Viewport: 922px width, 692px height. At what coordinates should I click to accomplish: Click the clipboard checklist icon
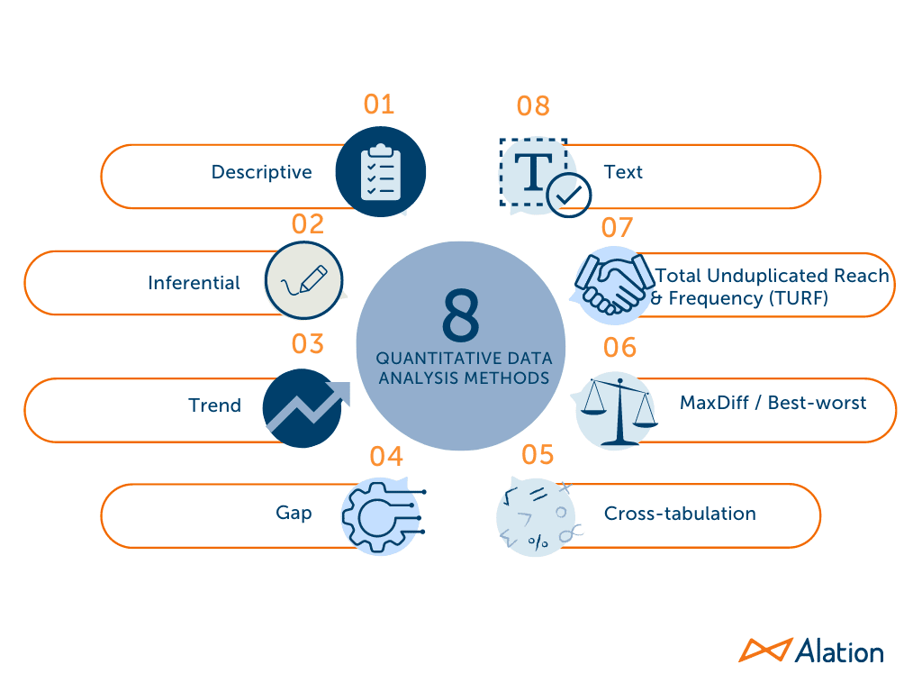(x=380, y=172)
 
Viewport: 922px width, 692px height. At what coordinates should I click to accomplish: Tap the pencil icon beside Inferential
(x=305, y=280)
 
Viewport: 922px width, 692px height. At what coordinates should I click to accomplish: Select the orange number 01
(x=379, y=105)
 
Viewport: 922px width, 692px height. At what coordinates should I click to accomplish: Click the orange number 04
(x=385, y=456)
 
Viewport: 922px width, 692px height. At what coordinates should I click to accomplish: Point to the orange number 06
(x=619, y=347)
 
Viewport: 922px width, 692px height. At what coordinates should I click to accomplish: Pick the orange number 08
(x=533, y=106)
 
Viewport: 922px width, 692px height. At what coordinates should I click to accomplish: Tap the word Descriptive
(x=261, y=172)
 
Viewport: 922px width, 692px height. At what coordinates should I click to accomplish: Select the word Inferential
(x=194, y=283)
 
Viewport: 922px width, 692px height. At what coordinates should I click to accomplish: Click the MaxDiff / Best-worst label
(x=773, y=403)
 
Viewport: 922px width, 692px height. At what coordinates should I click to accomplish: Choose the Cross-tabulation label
(x=680, y=514)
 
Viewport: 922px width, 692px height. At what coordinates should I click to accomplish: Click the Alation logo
(x=811, y=651)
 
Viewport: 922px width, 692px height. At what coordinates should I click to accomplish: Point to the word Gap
(x=294, y=514)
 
